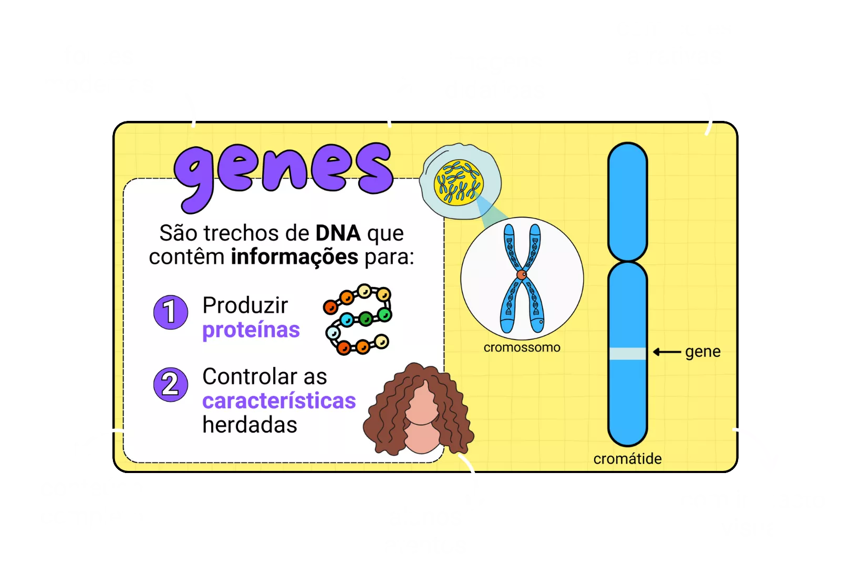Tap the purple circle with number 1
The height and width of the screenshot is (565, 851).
170,312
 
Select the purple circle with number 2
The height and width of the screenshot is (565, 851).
170,384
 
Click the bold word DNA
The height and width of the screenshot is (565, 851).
338,233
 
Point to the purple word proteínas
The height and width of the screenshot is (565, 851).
251,330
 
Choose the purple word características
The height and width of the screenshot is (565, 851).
279,401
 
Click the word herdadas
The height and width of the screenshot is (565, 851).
250,425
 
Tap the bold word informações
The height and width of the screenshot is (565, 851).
294,257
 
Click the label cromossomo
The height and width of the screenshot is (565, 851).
522,347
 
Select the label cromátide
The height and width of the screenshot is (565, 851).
627,459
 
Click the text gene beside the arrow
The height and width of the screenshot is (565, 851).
702,352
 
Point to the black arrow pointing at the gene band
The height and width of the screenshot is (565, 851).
667,352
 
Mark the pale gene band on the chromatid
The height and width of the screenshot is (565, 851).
627,353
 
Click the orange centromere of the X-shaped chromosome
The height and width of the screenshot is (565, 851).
521,274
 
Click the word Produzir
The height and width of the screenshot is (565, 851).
245,305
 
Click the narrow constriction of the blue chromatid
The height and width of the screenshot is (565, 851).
627,261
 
